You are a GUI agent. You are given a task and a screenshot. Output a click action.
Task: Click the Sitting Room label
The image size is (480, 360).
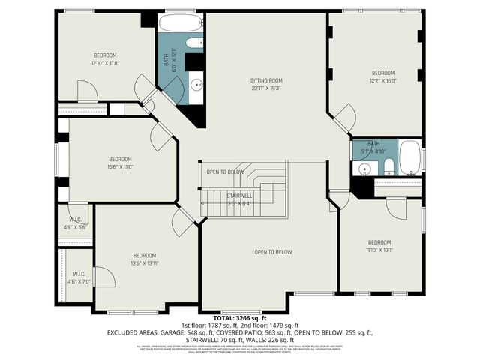pyautogui.click(x=266, y=80)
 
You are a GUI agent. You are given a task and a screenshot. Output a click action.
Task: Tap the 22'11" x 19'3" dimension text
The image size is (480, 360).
pyautogui.click(x=266, y=88)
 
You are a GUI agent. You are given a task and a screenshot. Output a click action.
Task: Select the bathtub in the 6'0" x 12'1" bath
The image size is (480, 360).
pyautogui.click(x=180, y=22)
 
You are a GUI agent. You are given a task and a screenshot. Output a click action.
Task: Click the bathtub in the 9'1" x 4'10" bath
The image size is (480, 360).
pyautogui.click(x=409, y=157)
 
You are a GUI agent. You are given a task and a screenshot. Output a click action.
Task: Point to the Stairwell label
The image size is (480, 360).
pyautogui.click(x=239, y=196)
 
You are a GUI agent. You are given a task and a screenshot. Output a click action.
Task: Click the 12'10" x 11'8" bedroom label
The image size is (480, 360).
pyautogui.click(x=105, y=55)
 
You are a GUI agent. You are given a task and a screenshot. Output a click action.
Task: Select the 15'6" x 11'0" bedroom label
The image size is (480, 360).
pyautogui.click(x=120, y=159)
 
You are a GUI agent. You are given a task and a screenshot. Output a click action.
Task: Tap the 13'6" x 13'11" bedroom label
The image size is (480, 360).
pyautogui.click(x=145, y=255)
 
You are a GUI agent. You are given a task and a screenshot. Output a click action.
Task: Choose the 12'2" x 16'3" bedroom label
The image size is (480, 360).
pyautogui.click(x=383, y=73)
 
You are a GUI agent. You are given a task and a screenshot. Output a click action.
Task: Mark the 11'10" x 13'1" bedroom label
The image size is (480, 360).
pyautogui.click(x=379, y=242)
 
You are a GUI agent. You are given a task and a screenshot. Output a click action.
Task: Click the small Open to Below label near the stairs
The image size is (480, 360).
pyautogui.click(x=226, y=172)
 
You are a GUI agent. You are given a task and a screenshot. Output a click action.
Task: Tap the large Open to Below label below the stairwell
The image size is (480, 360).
pyautogui.click(x=273, y=252)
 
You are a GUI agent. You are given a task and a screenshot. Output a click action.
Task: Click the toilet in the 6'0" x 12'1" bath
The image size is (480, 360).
pyautogui.click(x=193, y=42)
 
